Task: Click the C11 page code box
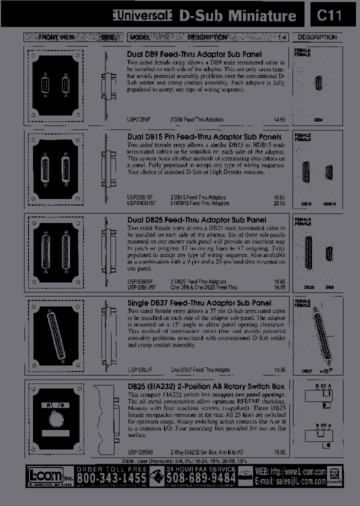click(329, 15)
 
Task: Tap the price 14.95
click(279, 120)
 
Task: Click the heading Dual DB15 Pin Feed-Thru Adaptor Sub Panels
click(204, 137)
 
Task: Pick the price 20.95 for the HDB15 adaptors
click(279, 203)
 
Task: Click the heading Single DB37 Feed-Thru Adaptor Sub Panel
click(199, 303)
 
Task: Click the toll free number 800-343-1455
click(111, 478)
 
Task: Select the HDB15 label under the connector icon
click(329, 204)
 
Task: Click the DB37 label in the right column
click(307, 370)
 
